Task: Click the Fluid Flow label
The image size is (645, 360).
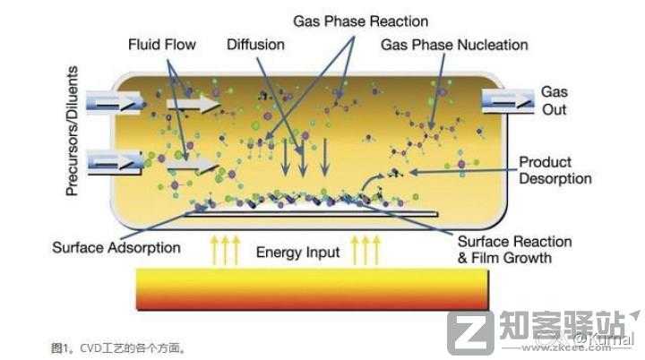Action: [161, 43]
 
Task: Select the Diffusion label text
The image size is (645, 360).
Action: [255, 43]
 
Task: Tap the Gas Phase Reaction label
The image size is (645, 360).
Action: [361, 20]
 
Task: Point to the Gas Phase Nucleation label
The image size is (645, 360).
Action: [454, 44]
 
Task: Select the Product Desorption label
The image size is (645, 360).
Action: [555, 170]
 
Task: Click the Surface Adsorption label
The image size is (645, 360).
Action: [116, 247]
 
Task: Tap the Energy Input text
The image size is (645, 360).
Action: [297, 252]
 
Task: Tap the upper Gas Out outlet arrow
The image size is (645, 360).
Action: [506, 98]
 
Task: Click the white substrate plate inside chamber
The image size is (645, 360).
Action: [314, 213]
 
